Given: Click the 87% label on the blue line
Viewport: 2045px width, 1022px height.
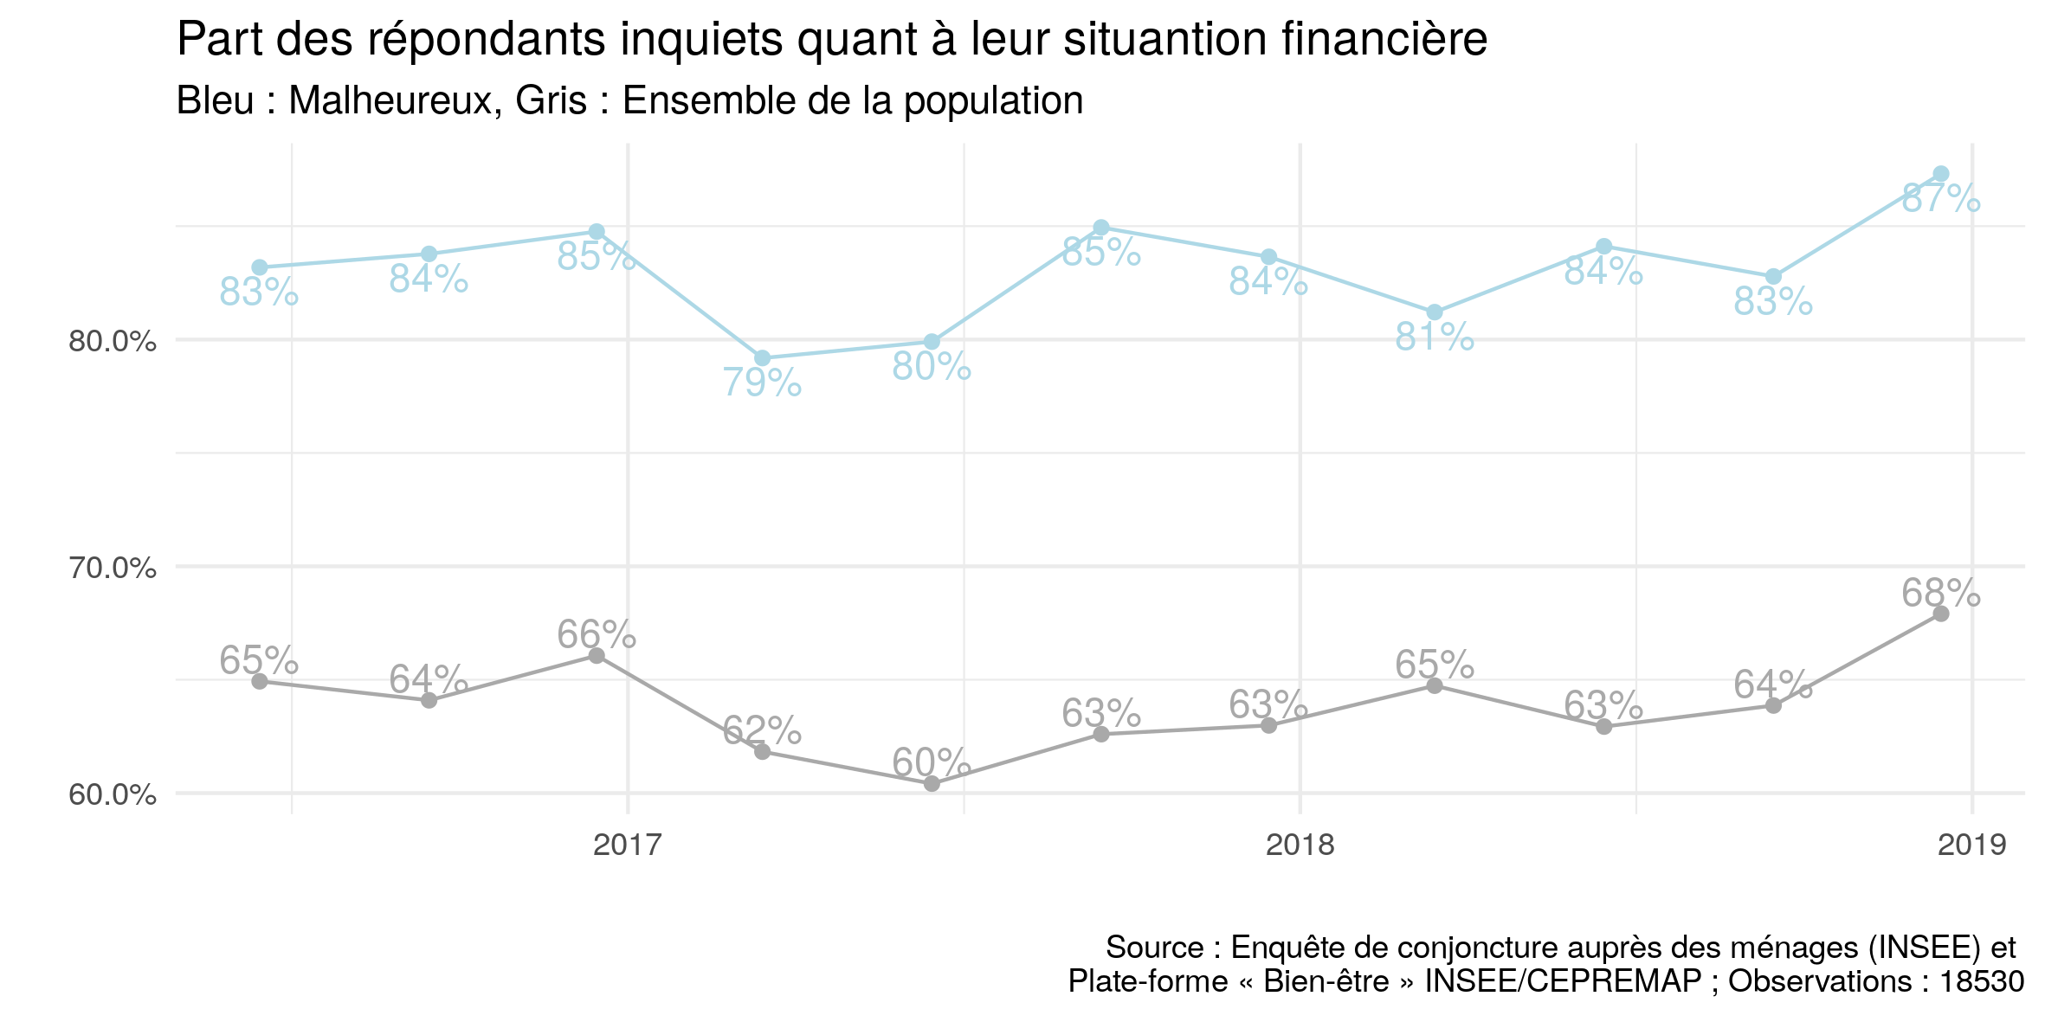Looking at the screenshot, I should click(1940, 199).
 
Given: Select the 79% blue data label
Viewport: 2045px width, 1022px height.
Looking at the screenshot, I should click(762, 382).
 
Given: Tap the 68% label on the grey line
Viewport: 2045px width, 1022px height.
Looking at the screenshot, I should click(1940, 594).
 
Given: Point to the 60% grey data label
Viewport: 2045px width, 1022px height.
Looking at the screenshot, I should click(931, 763).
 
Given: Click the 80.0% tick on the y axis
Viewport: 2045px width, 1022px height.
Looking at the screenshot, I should click(113, 342).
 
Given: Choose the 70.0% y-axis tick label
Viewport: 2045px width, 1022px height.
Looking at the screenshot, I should click(113, 569).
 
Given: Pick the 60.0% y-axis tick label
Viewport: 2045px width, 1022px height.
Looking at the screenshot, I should click(113, 795).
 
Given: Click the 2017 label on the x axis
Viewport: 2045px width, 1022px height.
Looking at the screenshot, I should click(628, 845).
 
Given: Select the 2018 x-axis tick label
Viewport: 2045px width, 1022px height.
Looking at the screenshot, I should click(1300, 845).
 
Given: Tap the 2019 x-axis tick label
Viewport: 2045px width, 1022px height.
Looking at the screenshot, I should click(1971, 845).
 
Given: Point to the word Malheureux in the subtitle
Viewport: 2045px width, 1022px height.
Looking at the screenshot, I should click(395, 101).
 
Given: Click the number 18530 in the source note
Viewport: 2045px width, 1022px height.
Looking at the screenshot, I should click(1982, 981).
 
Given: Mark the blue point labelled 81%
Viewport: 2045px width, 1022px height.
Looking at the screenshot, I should click(1435, 312).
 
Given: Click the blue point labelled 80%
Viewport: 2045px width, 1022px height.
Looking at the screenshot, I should click(932, 342).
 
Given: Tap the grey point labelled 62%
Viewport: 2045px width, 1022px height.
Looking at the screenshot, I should click(762, 751).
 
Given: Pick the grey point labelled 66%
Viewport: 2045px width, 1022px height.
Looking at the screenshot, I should click(597, 656).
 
